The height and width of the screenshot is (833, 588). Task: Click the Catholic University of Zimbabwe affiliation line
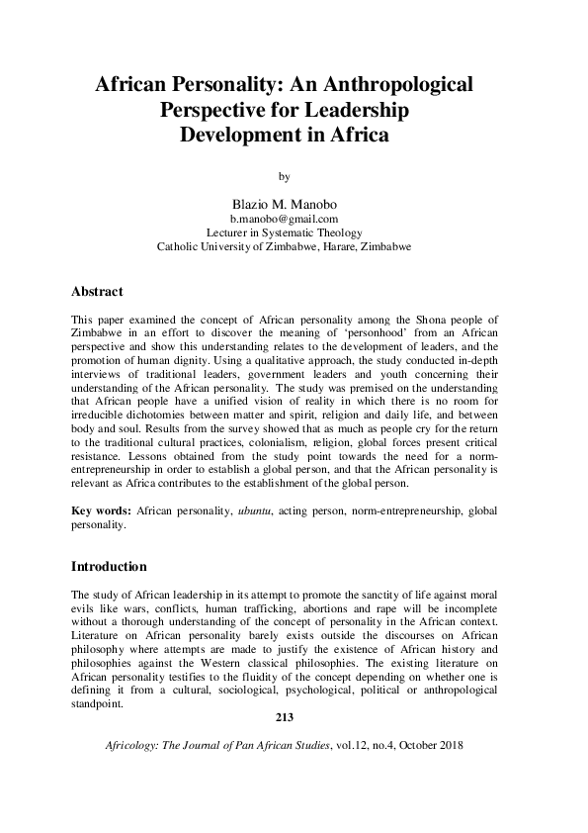tap(285, 246)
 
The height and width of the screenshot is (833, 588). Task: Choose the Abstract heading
tap(97, 292)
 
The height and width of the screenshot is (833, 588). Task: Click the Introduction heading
tap(110, 567)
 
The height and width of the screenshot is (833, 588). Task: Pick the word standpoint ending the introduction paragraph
tap(99, 704)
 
